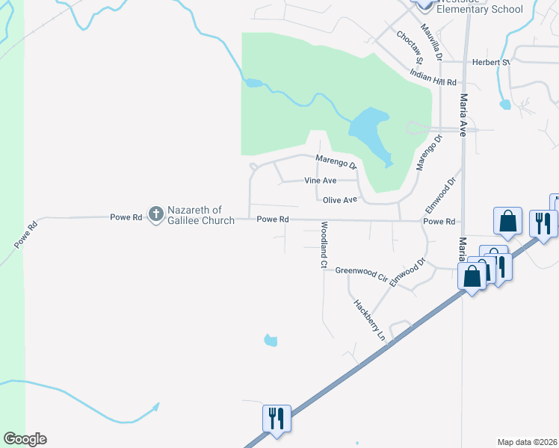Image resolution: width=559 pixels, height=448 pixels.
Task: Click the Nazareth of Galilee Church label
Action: point(200,215)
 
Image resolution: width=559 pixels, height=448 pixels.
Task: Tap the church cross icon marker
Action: point(156,214)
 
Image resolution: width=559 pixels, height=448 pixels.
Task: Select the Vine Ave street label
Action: point(320,181)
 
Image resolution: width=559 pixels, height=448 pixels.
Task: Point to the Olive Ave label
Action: point(340,200)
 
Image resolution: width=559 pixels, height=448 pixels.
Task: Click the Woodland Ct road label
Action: point(324,245)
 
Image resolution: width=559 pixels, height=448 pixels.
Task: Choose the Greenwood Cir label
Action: point(361,273)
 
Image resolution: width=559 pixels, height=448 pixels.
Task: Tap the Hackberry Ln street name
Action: point(369,320)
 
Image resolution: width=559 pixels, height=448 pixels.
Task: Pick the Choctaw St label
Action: point(410,46)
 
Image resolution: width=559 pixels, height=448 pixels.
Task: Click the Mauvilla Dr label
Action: point(431,42)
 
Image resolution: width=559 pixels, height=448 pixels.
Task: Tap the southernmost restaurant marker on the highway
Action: point(277,418)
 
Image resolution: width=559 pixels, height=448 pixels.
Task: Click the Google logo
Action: point(25,439)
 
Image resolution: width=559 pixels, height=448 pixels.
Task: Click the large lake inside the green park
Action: point(367,130)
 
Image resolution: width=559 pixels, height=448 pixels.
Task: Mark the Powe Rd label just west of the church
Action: point(126,217)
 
